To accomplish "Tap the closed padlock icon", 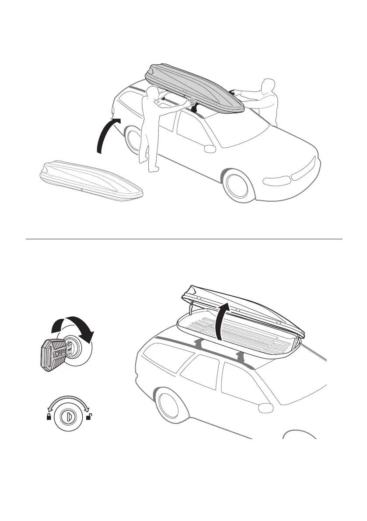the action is (x=49, y=417).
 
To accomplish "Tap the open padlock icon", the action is (x=89, y=417).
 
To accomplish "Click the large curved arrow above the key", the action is (x=73, y=328).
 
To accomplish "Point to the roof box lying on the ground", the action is (x=90, y=182).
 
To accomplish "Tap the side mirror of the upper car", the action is (x=210, y=149).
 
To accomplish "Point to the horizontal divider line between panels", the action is (x=184, y=239).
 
